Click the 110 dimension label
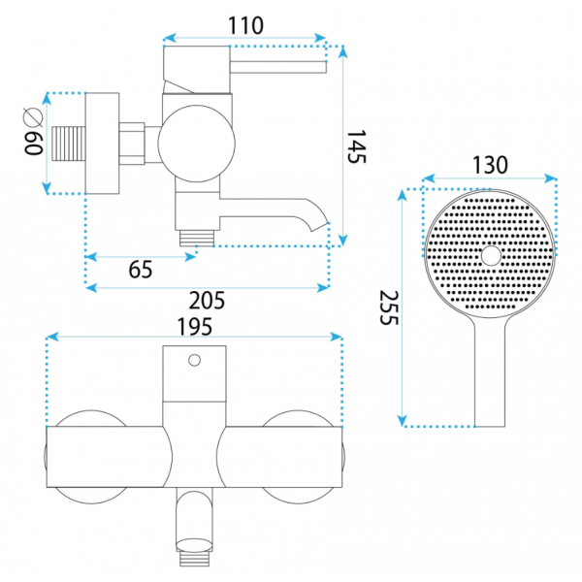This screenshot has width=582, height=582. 245,25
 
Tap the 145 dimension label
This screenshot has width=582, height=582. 356,146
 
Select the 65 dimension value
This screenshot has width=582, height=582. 141,269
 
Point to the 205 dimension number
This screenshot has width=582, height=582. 207,301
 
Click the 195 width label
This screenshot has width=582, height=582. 195,327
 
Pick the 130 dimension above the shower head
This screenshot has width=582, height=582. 490,165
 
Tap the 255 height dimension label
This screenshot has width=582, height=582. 389,307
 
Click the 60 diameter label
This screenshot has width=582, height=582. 33,144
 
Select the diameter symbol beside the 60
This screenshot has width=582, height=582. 33,117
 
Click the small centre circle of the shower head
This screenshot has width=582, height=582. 491,256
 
